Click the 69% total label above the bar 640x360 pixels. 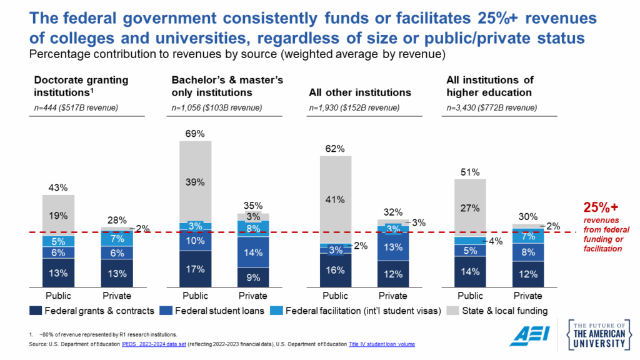[195, 133]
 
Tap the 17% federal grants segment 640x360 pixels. [195, 269]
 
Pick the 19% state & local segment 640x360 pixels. [58, 215]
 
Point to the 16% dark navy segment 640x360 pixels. [336, 270]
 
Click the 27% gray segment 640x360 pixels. [470, 207]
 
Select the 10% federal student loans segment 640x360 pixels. [195, 241]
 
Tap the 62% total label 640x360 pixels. [336, 148]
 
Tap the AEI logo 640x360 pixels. [529, 336]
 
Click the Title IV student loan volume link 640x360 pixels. [382, 344]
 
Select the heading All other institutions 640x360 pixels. [360, 92]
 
